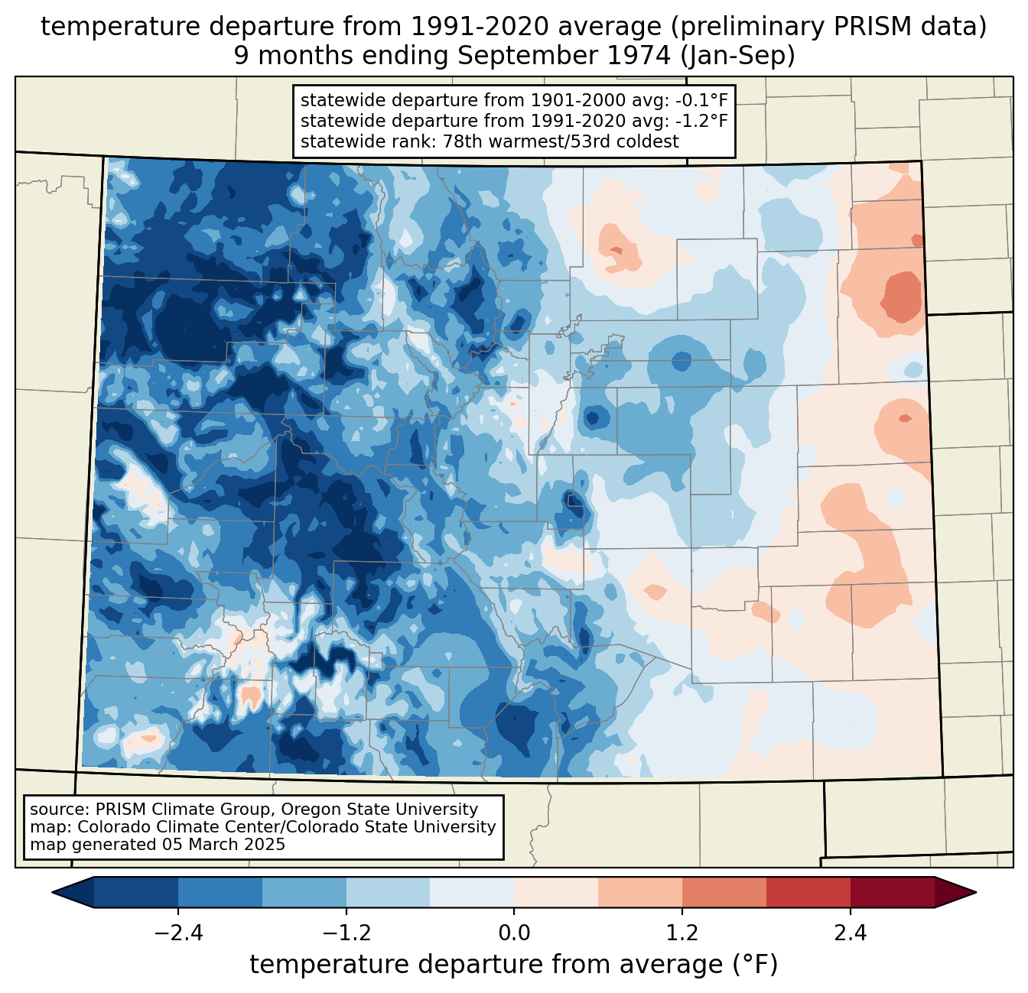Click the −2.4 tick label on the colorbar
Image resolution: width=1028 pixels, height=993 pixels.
(x=178, y=933)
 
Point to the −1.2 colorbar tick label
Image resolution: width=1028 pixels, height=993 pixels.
(x=346, y=933)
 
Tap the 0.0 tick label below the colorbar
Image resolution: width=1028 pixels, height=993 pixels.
(x=514, y=933)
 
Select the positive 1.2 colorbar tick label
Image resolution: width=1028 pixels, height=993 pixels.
(x=682, y=933)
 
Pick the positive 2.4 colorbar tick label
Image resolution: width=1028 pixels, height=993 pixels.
(x=850, y=933)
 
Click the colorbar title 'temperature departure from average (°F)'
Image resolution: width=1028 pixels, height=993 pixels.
(x=514, y=965)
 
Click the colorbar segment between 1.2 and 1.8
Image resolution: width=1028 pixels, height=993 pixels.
(x=724, y=892)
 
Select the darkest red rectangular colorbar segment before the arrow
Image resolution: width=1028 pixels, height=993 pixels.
(x=892, y=892)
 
